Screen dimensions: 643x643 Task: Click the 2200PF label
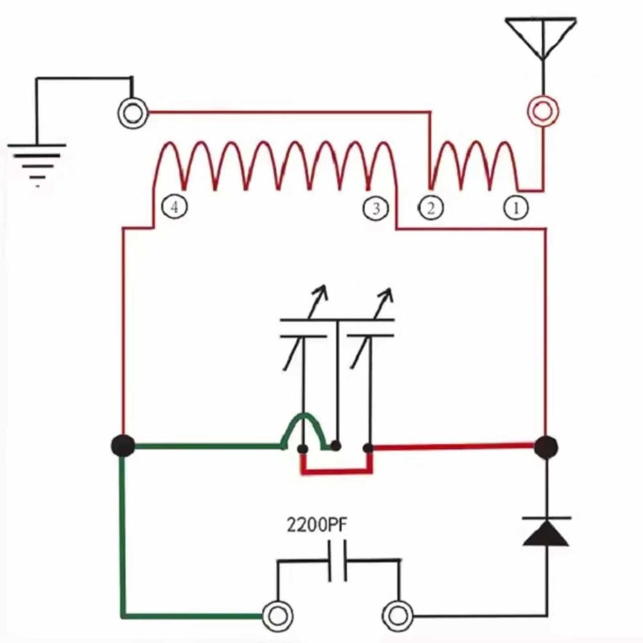(x=317, y=525)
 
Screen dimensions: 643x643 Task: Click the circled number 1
(x=516, y=208)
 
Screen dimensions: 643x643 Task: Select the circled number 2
(x=430, y=208)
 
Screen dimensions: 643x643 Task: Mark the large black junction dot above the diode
(x=546, y=446)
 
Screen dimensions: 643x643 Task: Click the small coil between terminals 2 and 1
(x=474, y=164)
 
